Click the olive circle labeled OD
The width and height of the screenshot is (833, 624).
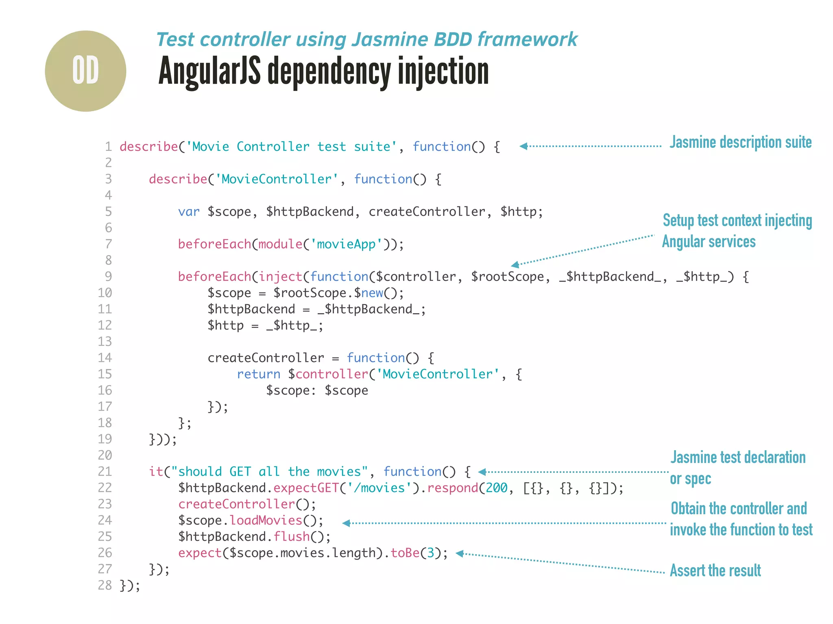click(x=85, y=71)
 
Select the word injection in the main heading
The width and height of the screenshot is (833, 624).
click(x=443, y=71)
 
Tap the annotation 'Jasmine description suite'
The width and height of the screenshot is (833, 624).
click(x=740, y=143)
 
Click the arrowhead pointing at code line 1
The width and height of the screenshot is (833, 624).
click(x=524, y=146)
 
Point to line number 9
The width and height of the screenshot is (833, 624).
click(x=108, y=277)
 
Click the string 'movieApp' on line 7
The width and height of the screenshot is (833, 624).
click(x=346, y=244)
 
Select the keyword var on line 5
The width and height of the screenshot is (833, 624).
click(x=189, y=212)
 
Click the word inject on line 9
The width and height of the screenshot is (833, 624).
click(x=280, y=277)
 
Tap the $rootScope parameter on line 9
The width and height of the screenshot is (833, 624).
click(x=507, y=277)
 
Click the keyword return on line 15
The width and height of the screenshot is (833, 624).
click(x=258, y=374)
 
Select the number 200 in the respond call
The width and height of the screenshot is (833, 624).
click(x=497, y=488)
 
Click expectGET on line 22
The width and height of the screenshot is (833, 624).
click(x=306, y=488)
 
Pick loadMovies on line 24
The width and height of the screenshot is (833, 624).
click(x=266, y=520)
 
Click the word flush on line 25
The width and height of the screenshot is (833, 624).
click(x=291, y=537)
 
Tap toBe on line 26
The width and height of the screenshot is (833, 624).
click(x=405, y=553)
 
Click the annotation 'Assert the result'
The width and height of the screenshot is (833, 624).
click(x=715, y=571)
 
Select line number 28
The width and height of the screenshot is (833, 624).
click(x=105, y=585)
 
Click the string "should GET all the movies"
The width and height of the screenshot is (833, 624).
click(x=269, y=472)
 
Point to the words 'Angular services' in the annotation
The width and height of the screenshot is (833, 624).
click(x=709, y=242)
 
